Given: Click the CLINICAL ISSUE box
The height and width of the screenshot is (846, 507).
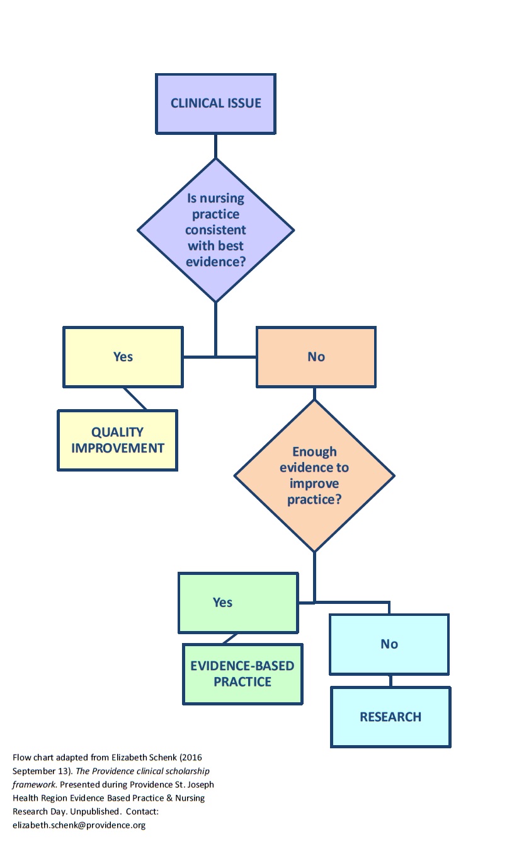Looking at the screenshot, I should coord(215,103).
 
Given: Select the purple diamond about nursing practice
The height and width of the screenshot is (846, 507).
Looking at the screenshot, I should coord(215,230).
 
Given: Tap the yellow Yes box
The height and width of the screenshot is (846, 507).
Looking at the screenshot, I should coord(123,357).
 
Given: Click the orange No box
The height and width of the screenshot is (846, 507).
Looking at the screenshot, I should coord(316,357).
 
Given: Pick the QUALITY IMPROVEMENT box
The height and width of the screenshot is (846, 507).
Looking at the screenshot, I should coord(117,440).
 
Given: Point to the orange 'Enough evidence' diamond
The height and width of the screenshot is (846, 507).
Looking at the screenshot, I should coord(314,476).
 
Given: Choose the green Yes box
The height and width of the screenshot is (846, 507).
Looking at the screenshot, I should coord(237,602).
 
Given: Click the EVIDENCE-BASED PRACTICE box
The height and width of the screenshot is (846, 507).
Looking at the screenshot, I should coord(242,674).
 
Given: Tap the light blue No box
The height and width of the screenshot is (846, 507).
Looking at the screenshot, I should coord(389,644).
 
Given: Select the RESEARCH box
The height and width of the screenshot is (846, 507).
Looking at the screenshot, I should coord(390,717).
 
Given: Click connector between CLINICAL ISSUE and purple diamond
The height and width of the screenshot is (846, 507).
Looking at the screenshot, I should coord(215,146).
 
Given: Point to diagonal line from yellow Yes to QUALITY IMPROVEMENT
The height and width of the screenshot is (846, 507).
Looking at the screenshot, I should coord(135,399).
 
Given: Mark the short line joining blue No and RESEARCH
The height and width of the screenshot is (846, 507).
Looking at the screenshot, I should coord(390,681).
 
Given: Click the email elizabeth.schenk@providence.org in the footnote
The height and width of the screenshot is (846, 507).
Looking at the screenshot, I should coord(79,825).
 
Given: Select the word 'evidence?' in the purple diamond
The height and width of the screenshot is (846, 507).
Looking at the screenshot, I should coord(216,261).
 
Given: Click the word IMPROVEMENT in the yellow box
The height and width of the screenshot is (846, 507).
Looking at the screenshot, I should coord(118,448).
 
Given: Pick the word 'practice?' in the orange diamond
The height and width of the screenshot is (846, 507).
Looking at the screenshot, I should coord(314,500).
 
